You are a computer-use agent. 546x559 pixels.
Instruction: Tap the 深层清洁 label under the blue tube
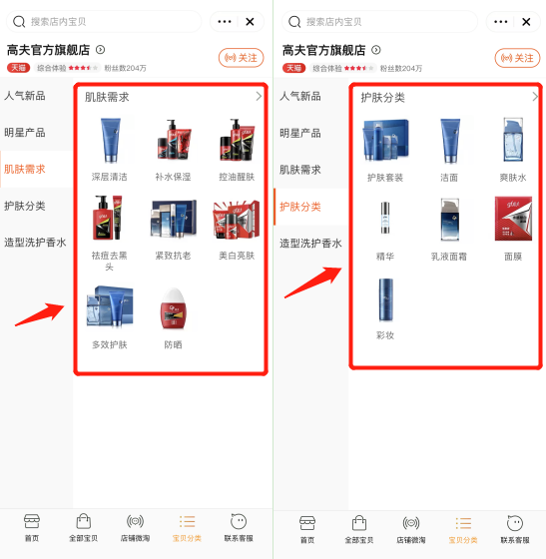109,177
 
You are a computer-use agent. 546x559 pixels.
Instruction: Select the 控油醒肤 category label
237,177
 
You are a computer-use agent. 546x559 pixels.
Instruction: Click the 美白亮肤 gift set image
237,219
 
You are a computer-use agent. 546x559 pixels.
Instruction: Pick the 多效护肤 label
109,344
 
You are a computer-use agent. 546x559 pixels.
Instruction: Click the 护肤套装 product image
384,141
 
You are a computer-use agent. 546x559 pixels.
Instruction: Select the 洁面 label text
449,177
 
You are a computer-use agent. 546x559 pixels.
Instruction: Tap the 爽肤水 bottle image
514,141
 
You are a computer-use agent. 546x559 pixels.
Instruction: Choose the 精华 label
384,257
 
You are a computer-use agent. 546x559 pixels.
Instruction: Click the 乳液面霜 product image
449,219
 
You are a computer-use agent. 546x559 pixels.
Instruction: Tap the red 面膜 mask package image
514,219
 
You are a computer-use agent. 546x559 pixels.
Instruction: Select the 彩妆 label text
384,335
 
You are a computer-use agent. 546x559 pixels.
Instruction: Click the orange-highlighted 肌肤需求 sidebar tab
25,169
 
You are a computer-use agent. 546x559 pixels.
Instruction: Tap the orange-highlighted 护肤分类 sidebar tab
300,206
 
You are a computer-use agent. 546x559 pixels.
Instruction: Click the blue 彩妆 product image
384,299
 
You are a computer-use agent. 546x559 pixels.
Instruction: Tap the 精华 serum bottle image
384,219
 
